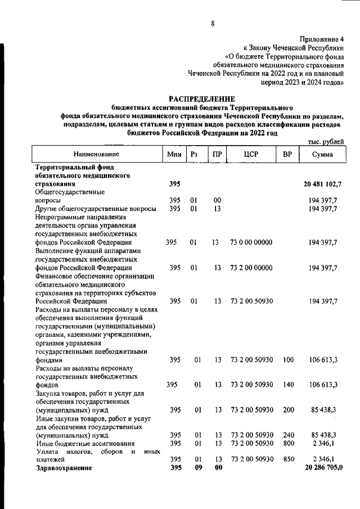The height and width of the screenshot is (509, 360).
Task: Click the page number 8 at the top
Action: (x=212, y=23)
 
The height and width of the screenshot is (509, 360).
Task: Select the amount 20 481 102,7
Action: (x=323, y=184)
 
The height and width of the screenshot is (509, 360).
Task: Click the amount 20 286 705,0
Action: (x=323, y=467)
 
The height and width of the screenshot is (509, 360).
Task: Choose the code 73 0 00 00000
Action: (x=251, y=242)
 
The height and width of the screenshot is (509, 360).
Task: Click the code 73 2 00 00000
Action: (x=251, y=268)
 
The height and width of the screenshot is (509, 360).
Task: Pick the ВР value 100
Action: (x=288, y=359)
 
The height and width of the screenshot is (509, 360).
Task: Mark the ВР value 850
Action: (x=288, y=459)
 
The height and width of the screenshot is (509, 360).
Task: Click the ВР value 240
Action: (x=288, y=435)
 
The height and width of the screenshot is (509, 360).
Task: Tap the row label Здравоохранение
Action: (x=63, y=467)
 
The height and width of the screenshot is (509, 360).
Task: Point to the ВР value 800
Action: (x=288, y=443)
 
